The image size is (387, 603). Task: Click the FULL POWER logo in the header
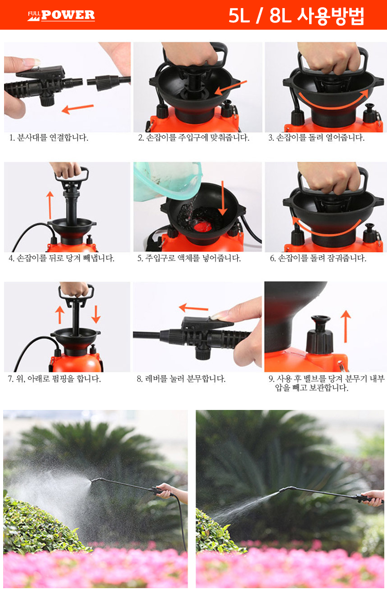click(61, 15)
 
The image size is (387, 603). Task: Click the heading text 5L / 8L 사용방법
click(296, 16)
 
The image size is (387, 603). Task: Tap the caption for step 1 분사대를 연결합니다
click(49, 138)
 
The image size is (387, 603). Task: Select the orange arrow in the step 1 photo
click(77, 108)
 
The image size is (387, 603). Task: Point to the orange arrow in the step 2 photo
click(230, 87)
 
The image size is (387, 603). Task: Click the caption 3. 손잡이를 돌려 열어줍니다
click(316, 138)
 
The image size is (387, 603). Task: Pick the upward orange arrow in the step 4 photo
click(50, 205)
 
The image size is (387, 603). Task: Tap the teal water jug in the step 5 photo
click(167, 180)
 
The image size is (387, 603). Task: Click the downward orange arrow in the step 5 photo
click(223, 198)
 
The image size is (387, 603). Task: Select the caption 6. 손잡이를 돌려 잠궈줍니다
click(318, 258)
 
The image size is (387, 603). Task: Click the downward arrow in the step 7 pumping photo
click(96, 314)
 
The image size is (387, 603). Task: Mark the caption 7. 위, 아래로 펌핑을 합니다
click(54, 379)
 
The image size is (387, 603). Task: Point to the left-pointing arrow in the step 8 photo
click(193, 308)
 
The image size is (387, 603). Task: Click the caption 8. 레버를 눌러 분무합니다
click(181, 379)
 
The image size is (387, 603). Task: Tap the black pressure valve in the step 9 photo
click(319, 335)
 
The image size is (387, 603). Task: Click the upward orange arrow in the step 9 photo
click(346, 326)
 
